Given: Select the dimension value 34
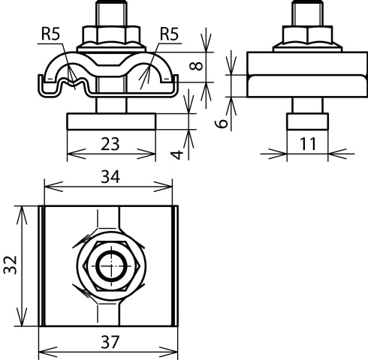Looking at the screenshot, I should click(111, 178).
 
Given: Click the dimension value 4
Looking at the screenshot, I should click(176, 153).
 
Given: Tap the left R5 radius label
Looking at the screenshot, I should click(50, 33).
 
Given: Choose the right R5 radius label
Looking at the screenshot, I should click(169, 33).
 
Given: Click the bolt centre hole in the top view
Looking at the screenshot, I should click(110, 266).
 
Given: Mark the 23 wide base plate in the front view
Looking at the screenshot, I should click(110, 121).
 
